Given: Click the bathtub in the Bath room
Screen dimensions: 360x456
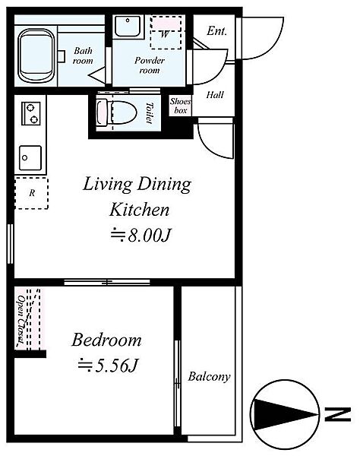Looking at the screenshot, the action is pyautogui.click(x=36, y=56).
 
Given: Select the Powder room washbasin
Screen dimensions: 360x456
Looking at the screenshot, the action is pyautogui.click(x=128, y=26).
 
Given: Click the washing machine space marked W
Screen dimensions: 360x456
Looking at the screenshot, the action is pyautogui.click(x=166, y=32).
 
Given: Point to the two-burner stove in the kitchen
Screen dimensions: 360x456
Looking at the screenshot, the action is pyautogui.click(x=31, y=113).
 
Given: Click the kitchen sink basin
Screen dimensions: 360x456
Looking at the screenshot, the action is pyautogui.click(x=30, y=158).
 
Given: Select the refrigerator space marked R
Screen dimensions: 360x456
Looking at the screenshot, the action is pyautogui.click(x=32, y=193).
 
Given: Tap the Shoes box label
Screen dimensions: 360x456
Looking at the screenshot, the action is pyautogui.click(x=181, y=106).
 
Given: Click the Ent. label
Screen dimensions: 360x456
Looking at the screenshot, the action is pyautogui.click(x=216, y=31).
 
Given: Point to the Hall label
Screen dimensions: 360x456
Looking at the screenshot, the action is pyautogui.click(x=215, y=95).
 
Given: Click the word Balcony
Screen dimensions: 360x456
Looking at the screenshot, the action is pyautogui.click(x=209, y=377).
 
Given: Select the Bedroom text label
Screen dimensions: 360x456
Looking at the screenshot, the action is pyautogui.click(x=106, y=340).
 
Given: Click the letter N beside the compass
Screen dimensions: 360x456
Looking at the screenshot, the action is pyautogui.click(x=338, y=414).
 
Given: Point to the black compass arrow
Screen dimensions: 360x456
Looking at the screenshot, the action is pyautogui.click(x=285, y=414).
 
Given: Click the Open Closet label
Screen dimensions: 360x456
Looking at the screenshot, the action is pyautogui.click(x=21, y=319).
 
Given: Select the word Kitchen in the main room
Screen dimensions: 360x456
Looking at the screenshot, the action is pyautogui.click(x=139, y=210).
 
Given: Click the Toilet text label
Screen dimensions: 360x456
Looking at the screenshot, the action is pyautogui.click(x=150, y=112).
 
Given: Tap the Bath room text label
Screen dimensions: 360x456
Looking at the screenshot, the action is pyautogui.click(x=83, y=55).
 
